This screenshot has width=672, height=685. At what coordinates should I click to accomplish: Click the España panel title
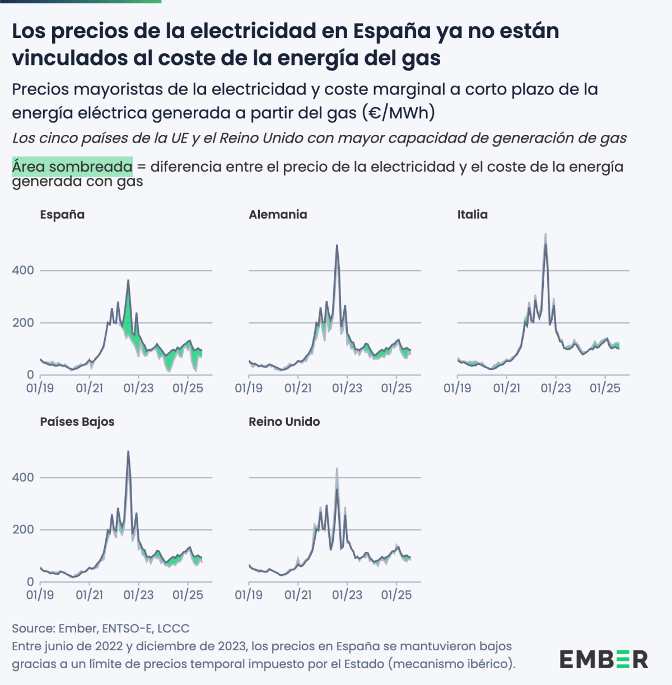(x=62, y=215)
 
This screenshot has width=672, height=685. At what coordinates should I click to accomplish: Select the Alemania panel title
(x=278, y=215)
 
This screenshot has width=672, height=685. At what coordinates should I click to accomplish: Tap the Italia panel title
(x=472, y=215)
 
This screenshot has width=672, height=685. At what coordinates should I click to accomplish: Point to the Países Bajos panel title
(x=77, y=422)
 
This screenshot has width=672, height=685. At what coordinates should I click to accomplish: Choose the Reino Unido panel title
(x=284, y=422)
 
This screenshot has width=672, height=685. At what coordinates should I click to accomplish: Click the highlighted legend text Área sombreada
(x=72, y=167)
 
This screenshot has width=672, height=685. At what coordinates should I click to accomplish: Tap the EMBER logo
(x=604, y=659)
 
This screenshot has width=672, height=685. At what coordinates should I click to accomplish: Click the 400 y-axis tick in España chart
(x=23, y=270)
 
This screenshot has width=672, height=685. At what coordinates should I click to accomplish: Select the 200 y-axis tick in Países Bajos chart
(x=23, y=529)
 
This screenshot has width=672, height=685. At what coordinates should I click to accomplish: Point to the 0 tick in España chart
(x=30, y=375)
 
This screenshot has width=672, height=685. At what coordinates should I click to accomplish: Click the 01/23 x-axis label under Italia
(x=556, y=388)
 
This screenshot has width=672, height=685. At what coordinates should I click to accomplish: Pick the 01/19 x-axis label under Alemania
(x=249, y=388)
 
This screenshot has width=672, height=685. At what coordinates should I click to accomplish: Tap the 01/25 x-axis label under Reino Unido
(x=396, y=595)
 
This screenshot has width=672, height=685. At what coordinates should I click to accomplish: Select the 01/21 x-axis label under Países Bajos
(x=90, y=595)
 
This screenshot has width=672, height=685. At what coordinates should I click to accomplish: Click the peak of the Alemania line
(x=337, y=245)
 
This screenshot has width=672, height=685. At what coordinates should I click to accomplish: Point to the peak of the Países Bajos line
(x=128, y=452)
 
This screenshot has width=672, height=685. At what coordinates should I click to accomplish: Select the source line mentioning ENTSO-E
(x=101, y=628)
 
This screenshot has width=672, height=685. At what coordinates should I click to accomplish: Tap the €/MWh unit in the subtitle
(x=399, y=113)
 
